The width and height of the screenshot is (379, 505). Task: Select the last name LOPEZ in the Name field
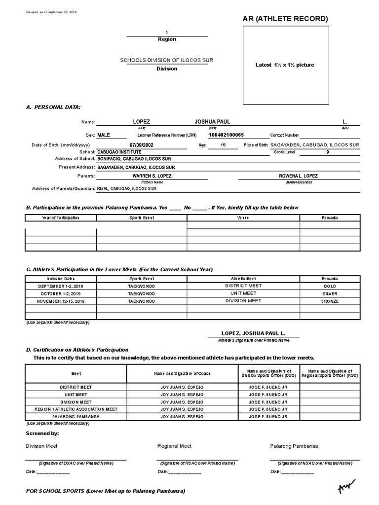(x=142, y=122)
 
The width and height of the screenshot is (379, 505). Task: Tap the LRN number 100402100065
(x=226, y=135)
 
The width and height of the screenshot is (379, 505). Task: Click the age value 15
(x=223, y=145)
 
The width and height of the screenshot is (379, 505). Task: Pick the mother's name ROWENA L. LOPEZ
(x=299, y=176)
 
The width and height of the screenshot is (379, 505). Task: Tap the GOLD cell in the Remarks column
(x=330, y=286)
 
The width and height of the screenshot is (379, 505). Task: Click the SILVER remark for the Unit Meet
(x=330, y=293)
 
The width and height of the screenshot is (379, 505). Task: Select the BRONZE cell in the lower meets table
(x=330, y=301)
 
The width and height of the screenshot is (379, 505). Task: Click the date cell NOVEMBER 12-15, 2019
(x=61, y=301)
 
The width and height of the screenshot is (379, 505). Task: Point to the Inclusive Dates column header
(x=61, y=279)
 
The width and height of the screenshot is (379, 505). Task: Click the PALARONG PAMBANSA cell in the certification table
(x=76, y=417)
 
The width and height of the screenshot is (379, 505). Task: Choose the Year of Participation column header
(x=61, y=217)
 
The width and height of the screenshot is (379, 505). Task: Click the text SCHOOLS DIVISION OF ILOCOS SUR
(x=167, y=60)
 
